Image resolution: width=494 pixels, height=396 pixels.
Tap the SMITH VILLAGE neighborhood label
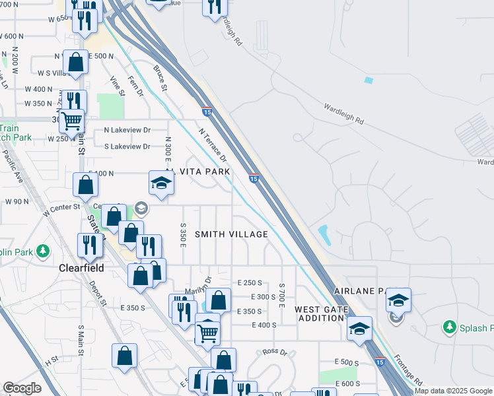pyautogui.click(x=231, y=234)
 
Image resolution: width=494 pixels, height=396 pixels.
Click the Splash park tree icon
pyautogui.click(x=450, y=327)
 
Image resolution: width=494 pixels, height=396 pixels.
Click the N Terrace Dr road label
pyautogui.click(x=213, y=145)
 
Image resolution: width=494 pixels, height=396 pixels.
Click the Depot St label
pyautogui.click(x=100, y=293)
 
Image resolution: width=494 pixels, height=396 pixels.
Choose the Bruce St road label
pyautogui.click(x=159, y=77)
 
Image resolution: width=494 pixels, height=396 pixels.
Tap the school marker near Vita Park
pyautogui.click(x=160, y=183)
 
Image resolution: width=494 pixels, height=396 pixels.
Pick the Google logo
pyautogui.click(x=22, y=388)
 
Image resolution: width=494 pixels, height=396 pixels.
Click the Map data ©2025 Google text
pyautogui.click(x=454, y=391)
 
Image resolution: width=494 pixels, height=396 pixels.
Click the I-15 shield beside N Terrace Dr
pyautogui.click(x=254, y=178)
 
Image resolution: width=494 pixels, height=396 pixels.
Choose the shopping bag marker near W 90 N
pyautogui.click(x=86, y=185)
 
